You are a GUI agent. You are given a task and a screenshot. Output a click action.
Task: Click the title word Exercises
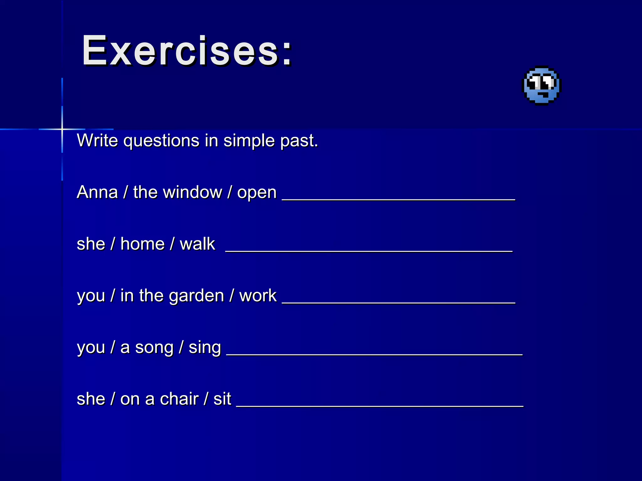coord(187,51)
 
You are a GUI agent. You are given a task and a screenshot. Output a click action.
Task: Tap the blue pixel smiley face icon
coord(541,85)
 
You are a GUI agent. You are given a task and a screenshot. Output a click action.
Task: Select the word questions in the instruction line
coord(161,140)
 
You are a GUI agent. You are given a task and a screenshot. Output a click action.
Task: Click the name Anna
coord(97,192)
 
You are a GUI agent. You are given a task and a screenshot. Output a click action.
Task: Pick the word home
coord(142,244)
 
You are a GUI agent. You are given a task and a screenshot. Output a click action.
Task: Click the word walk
coord(197,244)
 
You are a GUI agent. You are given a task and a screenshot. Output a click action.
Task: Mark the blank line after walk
coord(369,251)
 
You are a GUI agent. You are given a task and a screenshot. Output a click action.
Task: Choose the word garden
coord(197,296)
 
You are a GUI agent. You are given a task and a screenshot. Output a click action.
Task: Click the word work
coord(258,295)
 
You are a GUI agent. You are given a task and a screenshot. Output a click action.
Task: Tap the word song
coord(154,348)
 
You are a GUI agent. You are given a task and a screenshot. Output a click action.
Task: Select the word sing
coord(204,348)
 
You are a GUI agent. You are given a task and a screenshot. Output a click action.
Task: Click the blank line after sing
coord(374,354)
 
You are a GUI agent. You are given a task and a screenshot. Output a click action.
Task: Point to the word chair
coord(179,399)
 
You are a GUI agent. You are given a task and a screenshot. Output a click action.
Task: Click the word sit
coord(222,399)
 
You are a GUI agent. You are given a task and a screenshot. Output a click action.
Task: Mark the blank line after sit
coord(379,406)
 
